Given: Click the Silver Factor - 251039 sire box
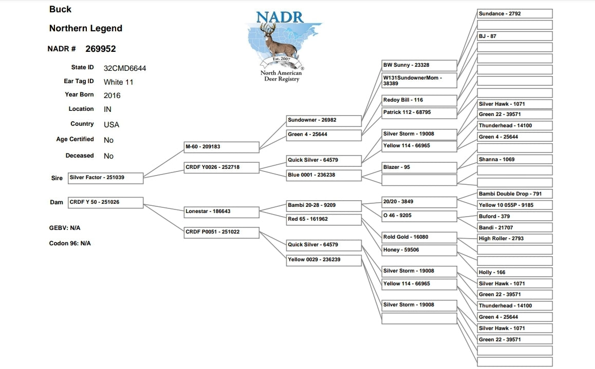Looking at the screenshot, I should [105, 178].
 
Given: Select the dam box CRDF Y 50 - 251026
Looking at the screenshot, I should [105, 202].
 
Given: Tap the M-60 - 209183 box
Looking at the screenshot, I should [221, 147].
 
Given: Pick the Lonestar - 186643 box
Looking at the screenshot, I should [221, 211].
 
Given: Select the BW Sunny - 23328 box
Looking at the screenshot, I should [419, 65].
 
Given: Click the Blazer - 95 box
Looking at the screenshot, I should [419, 167].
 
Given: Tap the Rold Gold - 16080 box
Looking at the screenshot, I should [419, 237].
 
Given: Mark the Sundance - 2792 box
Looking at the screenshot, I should [514, 14].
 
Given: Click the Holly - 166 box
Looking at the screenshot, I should [514, 273].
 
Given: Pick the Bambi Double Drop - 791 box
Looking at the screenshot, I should [514, 194].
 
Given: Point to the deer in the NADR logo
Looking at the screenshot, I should [278, 40].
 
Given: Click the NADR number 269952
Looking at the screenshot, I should [101, 49].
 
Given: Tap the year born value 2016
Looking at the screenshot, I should [112, 95].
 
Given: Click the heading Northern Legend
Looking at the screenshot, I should [86, 28].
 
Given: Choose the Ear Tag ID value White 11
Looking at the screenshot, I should [119, 82].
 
